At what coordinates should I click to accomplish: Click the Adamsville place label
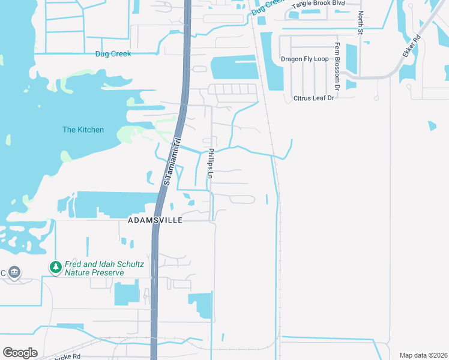point(154,221)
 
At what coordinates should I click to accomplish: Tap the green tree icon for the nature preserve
point(55,266)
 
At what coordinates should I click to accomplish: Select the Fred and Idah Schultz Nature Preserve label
point(94,268)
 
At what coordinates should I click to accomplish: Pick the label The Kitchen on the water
point(83,130)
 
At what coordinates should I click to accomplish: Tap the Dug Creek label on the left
point(113,53)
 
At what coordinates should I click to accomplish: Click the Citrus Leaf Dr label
point(313,98)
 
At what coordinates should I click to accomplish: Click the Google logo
point(20,353)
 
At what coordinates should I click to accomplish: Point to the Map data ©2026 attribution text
point(424,355)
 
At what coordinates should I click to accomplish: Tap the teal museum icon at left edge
point(14,273)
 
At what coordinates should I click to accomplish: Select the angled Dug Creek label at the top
point(267,8)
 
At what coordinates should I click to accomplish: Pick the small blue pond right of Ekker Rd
point(432,126)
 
